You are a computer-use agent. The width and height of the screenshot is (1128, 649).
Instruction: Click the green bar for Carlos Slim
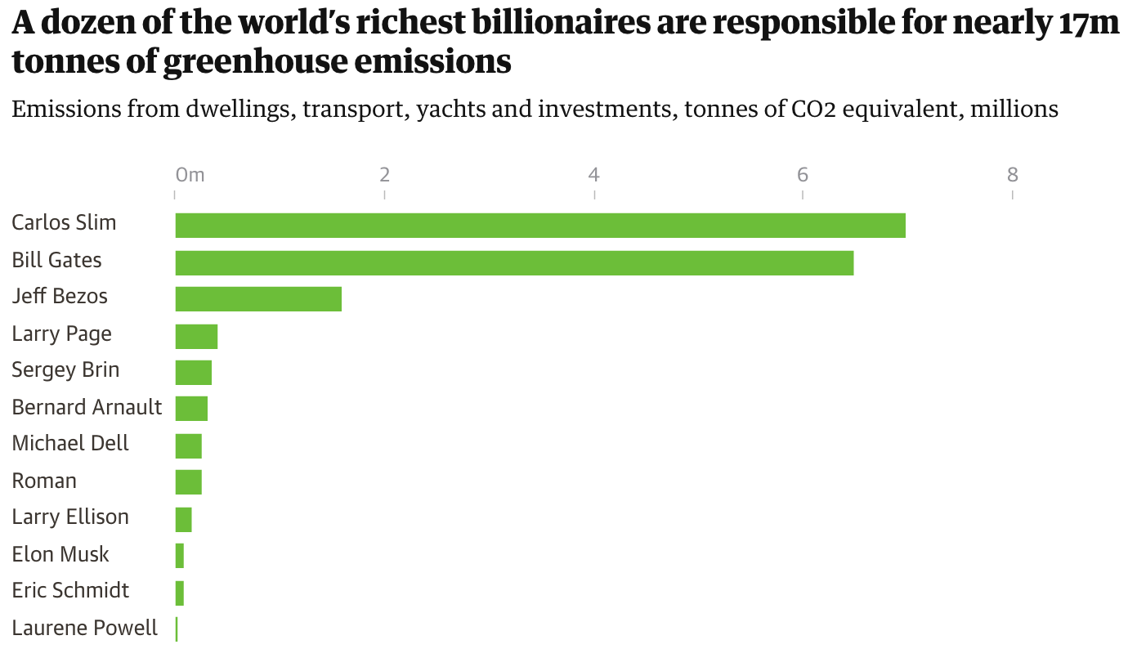click(539, 226)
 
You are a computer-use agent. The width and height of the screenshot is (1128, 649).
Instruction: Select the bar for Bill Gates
click(514, 263)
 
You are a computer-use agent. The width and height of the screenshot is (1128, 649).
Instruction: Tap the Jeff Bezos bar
click(258, 299)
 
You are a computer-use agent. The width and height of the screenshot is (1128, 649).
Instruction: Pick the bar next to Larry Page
click(196, 337)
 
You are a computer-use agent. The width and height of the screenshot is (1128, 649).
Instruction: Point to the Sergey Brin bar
click(194, 373)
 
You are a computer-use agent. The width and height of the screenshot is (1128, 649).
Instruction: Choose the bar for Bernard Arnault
click(191, 409)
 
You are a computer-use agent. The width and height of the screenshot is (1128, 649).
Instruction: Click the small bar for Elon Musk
click(180, 556)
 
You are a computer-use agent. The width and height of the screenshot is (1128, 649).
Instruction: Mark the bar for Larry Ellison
click(183, 520)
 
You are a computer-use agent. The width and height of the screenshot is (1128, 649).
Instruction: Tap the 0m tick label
click(190, 174)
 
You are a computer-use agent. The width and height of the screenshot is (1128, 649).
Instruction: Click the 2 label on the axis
click(384, 174)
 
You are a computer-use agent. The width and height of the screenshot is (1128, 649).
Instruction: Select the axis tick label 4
click(594, 174)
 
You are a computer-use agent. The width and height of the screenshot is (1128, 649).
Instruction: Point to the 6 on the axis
click(803, 174)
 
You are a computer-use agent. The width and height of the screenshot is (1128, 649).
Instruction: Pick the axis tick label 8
click(1013, 174)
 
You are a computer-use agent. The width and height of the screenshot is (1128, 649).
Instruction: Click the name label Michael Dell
click(70, 444)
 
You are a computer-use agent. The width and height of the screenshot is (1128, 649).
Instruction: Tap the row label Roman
click(44, 481)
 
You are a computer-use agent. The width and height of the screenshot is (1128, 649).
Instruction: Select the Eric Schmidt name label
click(70, 591)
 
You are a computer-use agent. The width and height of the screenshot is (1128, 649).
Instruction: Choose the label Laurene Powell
click(84, 629)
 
